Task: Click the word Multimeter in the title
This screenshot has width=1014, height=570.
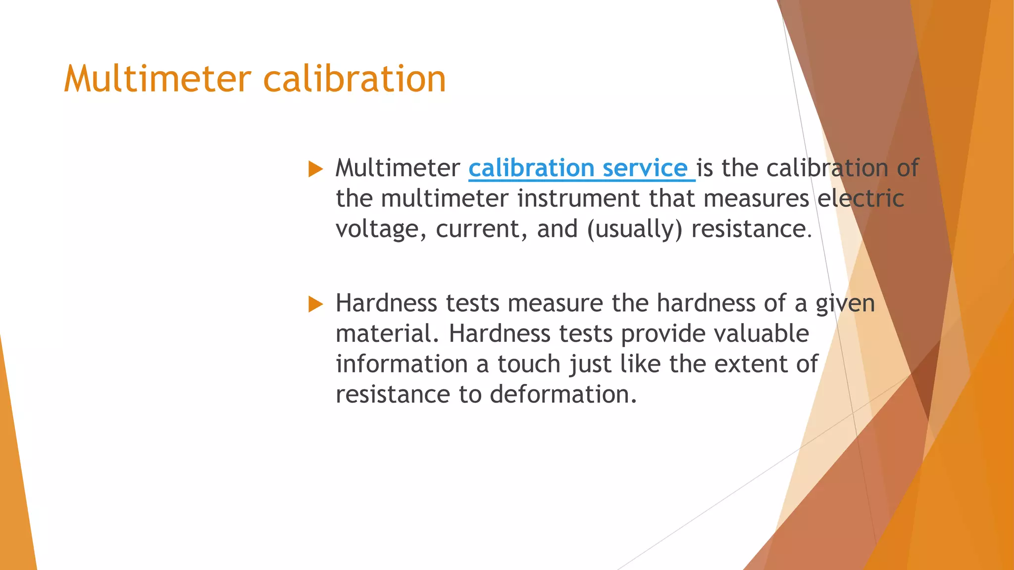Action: point(157,79)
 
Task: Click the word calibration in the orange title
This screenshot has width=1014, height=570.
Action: point(355,79)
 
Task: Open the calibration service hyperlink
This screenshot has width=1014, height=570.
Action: point(577,168)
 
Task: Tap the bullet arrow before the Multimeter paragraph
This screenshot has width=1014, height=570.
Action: point(315,169)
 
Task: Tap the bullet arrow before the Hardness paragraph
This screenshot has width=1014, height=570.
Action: point(315,304)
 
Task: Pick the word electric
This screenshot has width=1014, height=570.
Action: point(861,198)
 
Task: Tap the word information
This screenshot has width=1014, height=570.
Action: point(402,364)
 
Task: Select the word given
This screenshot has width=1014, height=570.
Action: point(845,303)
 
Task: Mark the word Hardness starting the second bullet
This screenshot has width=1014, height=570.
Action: point(386,303)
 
